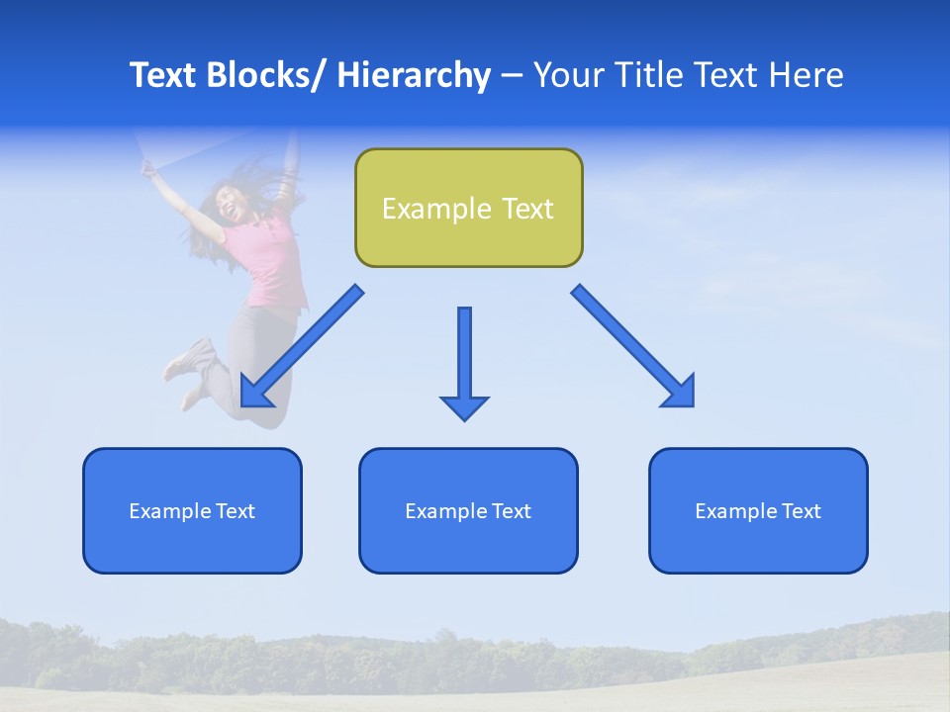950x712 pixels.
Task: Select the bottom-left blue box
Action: (192, 510)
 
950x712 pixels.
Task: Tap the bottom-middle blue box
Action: (468, 510)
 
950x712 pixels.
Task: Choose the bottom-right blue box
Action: (758, 510)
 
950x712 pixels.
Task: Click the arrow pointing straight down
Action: (464, 362)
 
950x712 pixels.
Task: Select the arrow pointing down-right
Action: (634, 346)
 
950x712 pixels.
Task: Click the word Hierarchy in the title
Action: (414, 75)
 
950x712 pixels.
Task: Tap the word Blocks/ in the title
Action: (267, 75)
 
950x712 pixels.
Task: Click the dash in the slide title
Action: (512, 77)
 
